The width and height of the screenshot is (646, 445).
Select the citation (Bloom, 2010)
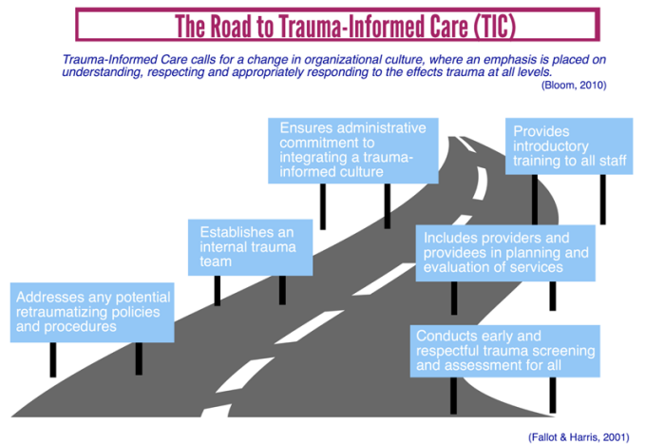point(573,86)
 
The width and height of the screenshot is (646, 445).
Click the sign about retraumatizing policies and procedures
point(92,312)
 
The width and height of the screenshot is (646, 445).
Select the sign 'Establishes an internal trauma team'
point(252,247)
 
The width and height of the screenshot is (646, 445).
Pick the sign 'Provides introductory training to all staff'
point(569,145)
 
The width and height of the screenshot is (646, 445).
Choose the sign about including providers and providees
point(505,253)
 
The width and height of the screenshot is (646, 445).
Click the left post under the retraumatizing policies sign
point(53,358)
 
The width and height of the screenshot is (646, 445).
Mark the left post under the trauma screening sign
point(453,394)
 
